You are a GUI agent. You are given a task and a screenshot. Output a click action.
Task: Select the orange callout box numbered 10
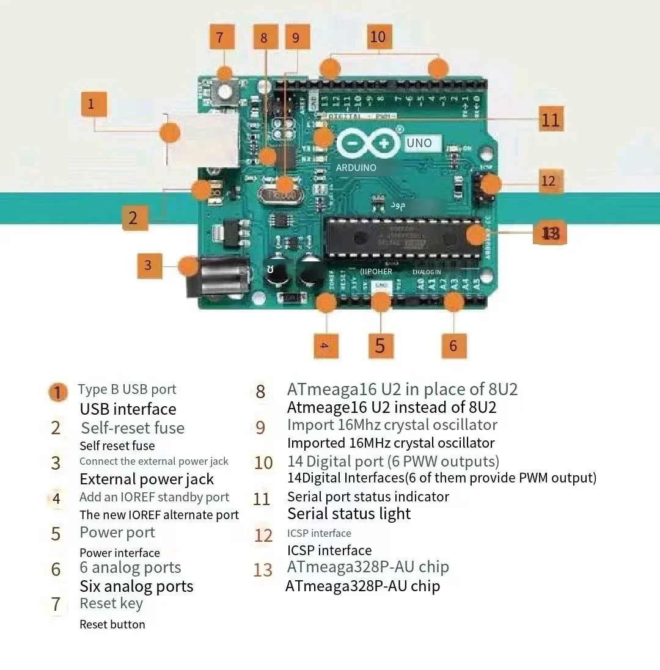click(x=378, y=37)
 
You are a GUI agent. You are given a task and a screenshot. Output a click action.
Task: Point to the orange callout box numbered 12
click(x=548, y=181)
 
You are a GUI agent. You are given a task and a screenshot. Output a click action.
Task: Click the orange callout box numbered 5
click(x=380, y=346)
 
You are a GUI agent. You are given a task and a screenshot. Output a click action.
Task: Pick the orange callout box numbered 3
click(x=148, y=266)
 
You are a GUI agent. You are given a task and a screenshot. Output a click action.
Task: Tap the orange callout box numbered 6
click(x=453, y=346)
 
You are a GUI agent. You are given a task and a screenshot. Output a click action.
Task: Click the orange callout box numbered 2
click(x=134, y=217)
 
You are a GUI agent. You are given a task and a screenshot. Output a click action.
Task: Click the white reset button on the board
click(x=226, y=92)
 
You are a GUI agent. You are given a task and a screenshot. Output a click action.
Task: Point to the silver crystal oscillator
click(x=279, y=195)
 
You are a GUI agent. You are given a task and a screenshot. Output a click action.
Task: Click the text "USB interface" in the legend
click(x=128, y=409)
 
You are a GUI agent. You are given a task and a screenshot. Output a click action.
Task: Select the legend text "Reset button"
click(x=112, y=624)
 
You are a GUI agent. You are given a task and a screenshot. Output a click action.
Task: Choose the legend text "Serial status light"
click(x=349, y=514)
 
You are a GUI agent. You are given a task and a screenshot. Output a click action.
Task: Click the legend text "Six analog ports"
click(x=136, y=586)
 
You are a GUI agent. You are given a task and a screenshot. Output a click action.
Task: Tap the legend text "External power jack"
click(x=147, y=479)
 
